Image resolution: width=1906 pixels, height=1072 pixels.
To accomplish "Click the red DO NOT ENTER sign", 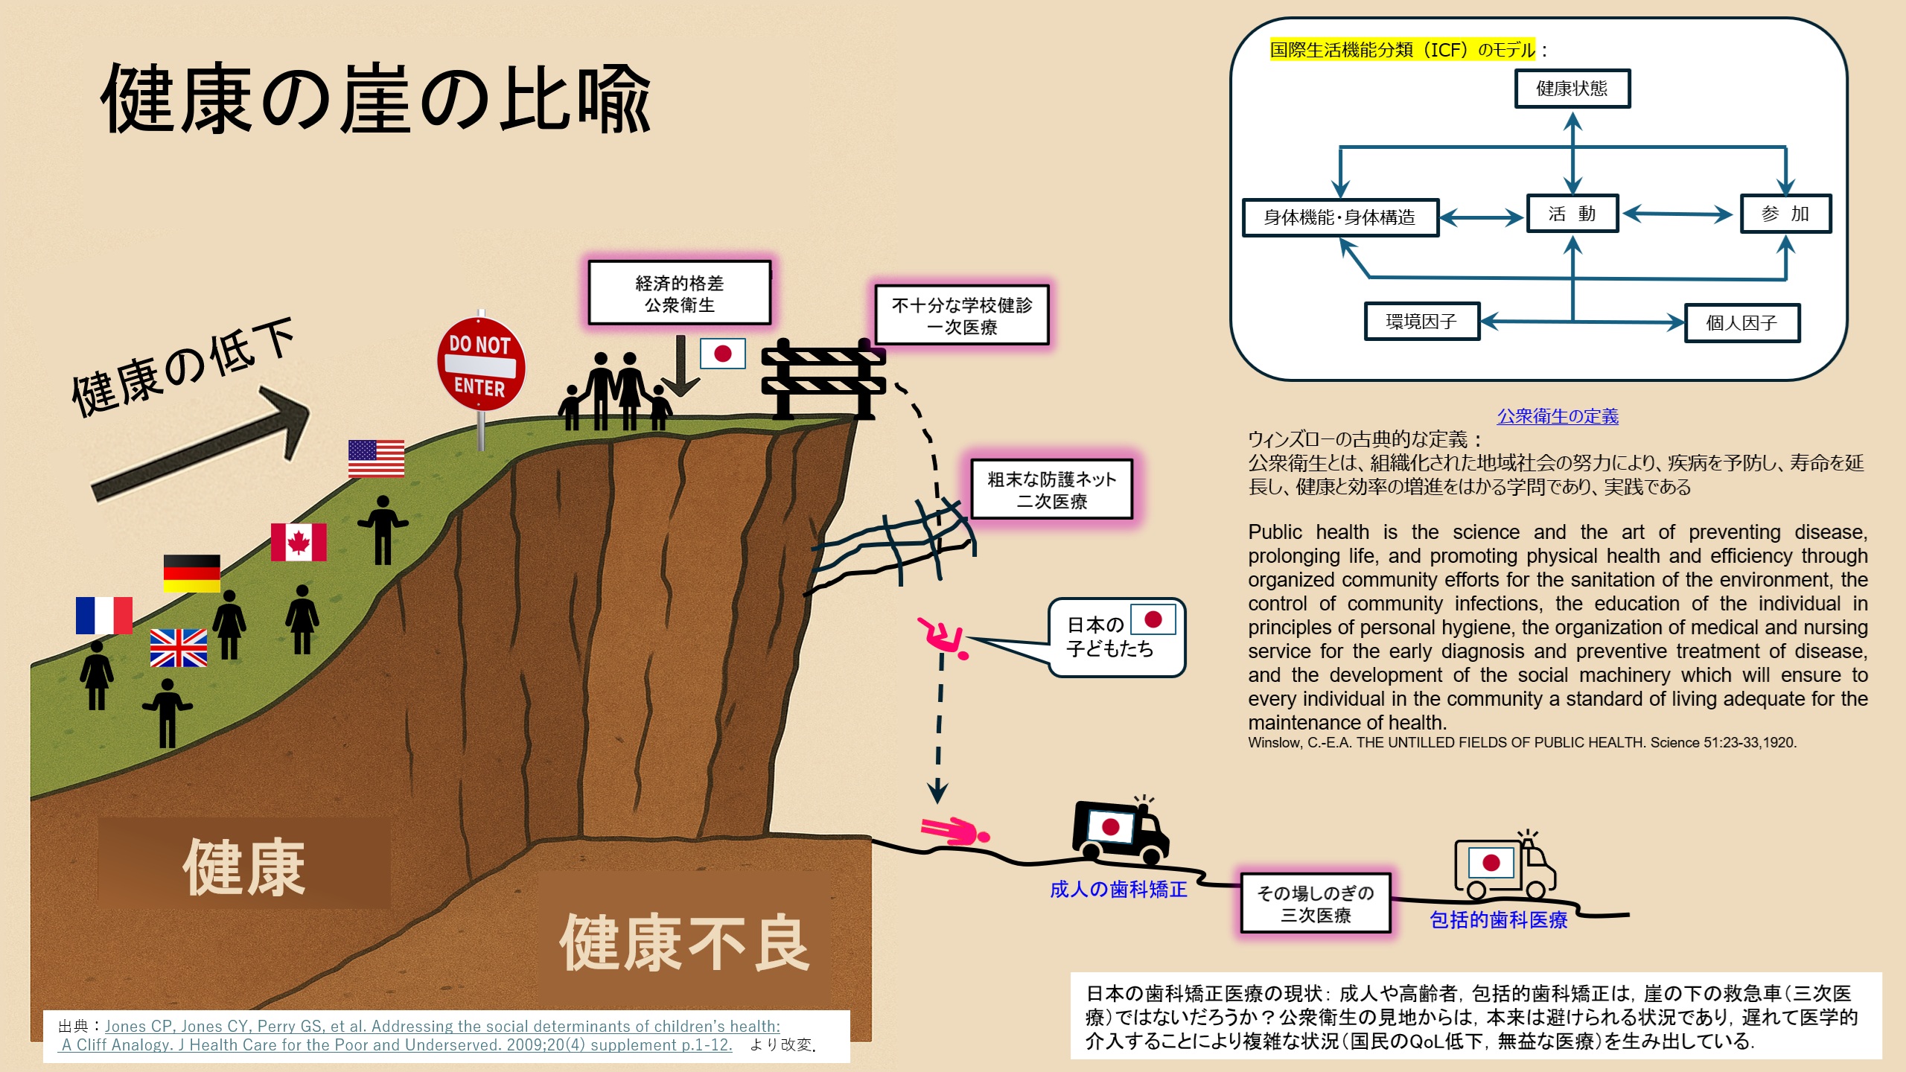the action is pyautogui.click(x=481, y=364).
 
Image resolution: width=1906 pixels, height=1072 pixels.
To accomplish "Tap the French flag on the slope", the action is pyautogui.click(x=104, y=615).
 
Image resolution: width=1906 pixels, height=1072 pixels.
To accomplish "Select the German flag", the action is pyautogui.click(x=192, y=573).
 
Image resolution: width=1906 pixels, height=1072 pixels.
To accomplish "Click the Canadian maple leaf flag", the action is pyautogui.click(x=299, y=541).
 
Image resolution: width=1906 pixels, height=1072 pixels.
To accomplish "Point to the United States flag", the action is pyautogui.click(x=377, y=459).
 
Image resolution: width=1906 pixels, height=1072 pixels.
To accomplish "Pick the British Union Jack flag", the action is pyautogui.click(x=179, y=648).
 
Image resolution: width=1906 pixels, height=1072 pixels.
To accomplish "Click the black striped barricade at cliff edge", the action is pyautogui.click(x=823, y=379).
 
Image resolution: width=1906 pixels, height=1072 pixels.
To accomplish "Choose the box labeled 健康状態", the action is pyautogui.click(x=1572, y=89).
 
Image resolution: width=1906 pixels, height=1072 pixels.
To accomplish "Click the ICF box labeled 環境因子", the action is pyautogui.click(x=1422, y=322).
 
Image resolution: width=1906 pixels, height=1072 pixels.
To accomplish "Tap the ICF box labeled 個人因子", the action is pyautogui.click(x=1742, y=323).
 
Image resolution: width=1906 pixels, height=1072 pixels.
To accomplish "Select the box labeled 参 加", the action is pyautogui.click(x=1785, y=214).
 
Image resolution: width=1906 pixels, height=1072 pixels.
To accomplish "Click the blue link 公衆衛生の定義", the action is pyautogui.click(x=1558, y=416).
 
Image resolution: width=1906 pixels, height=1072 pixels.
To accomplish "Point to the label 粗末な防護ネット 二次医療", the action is pyautogui.click(x=1052, y=490).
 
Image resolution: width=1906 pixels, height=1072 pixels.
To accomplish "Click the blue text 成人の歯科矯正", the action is pyautogui.click(x=1118, y=890).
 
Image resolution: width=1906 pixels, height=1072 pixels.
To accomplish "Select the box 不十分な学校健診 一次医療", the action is pyautogui.click(x=962, y=316).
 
